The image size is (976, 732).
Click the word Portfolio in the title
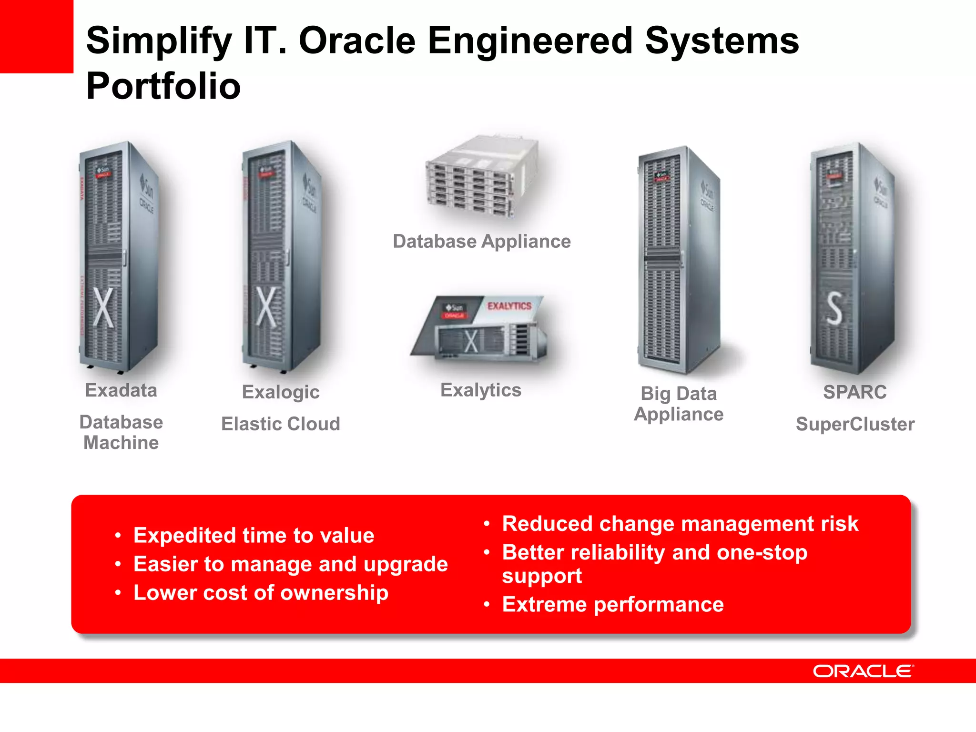[x=163, y=86]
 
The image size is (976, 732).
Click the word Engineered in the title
[x=530, y=41]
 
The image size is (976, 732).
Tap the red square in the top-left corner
[x=36, y=36]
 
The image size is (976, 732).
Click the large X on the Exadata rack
[x=103, y=307]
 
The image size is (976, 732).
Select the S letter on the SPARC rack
[x=834, y=309]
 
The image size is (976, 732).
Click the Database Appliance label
[x=481, y=242]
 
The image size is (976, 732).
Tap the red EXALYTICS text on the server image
[x=509, y=306]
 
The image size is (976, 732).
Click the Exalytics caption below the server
[x=480, y=390]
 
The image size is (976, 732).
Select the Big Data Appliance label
[x=679, y=404]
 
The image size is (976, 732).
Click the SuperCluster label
[x=855, y=424]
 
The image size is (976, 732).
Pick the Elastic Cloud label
[x=280, y=424]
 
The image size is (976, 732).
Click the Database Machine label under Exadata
[x=121, y=432]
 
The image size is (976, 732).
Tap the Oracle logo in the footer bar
[x=863, y=671]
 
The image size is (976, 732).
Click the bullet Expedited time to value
[x=254, y=535]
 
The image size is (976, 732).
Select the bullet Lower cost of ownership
[x=261, y=593]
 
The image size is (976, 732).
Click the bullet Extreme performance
[x=613, y=604]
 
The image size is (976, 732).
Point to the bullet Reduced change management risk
[x=680, y=524]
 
